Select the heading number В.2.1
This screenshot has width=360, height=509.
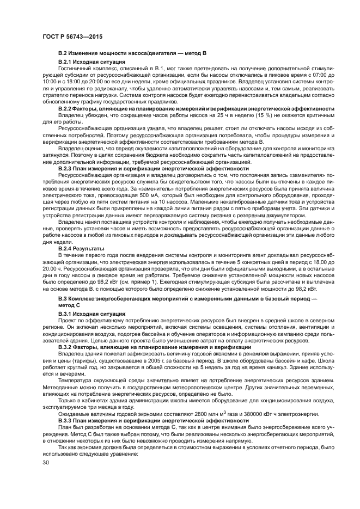(65, 63)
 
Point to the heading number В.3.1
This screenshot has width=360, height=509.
(65, 314)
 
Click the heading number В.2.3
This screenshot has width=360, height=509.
(65, 169)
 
